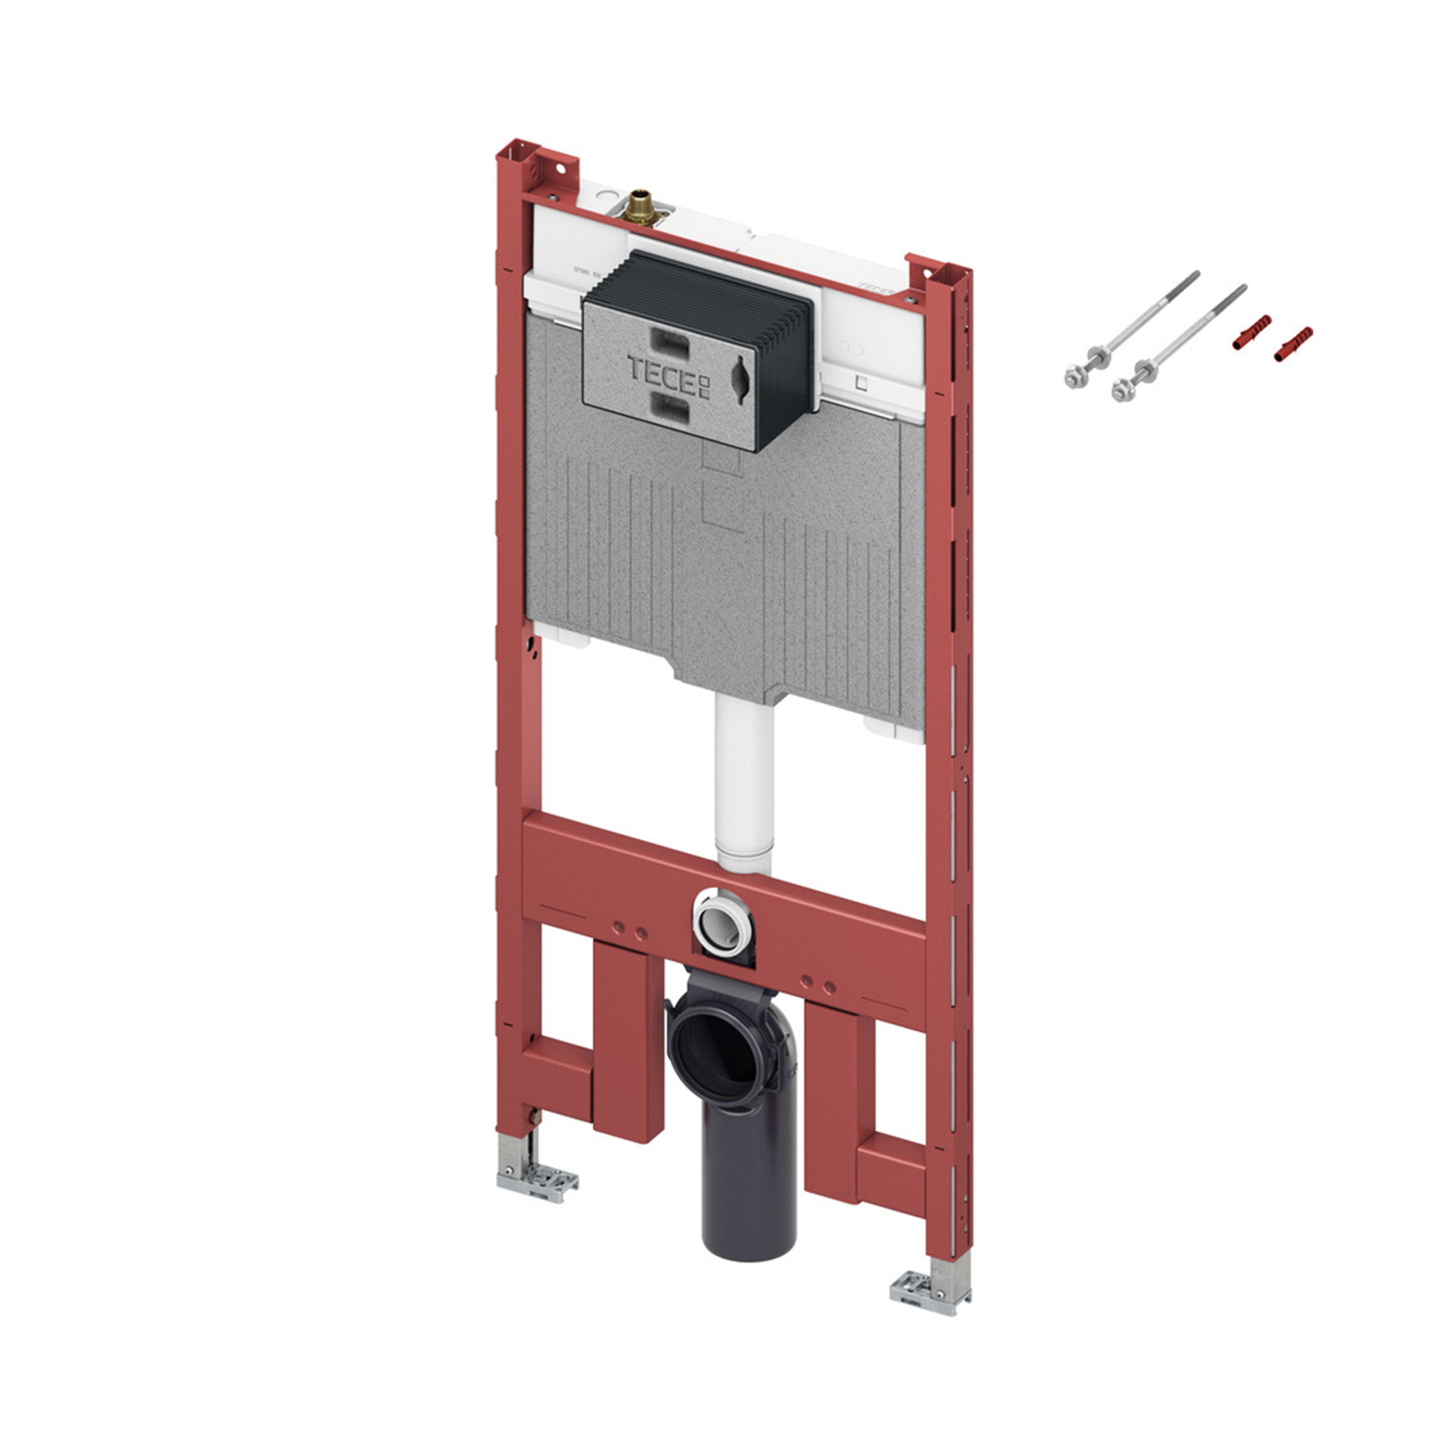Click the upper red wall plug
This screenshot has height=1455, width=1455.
(x=1252, y=331)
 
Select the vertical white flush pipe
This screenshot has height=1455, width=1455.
(x=745, y=783)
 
